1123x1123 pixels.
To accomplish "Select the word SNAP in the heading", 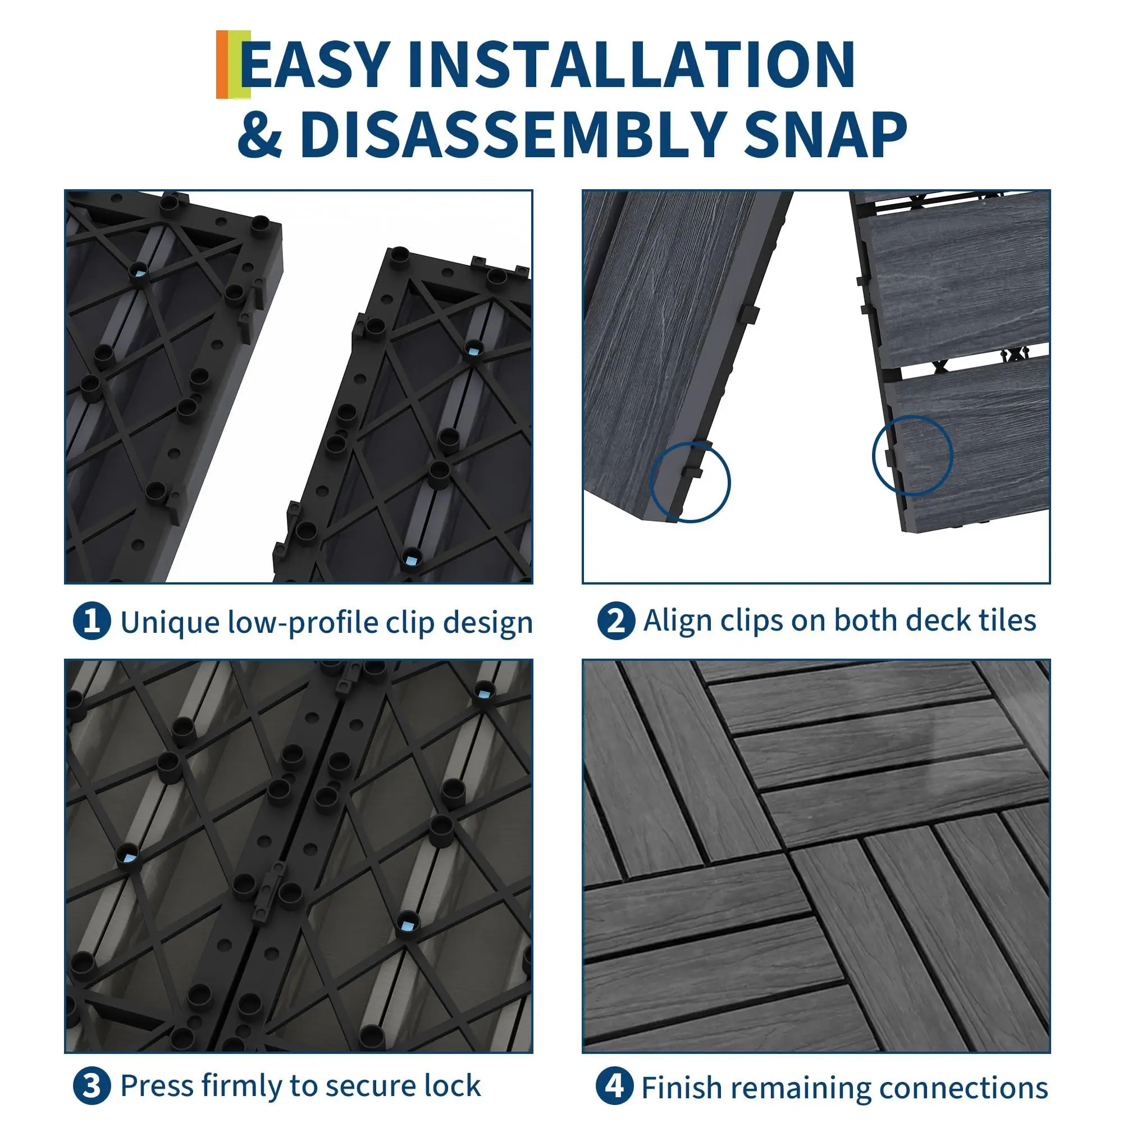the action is [x=825, y=135].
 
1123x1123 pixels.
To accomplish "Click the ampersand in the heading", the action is [x=260, y=135].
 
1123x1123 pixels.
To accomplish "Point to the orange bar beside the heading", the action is [x=222, y=64].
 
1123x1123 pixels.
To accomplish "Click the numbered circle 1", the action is [x=92, y=622].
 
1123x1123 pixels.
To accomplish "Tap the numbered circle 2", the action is [x=615, y=622].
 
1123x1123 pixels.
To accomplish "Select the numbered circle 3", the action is [x=92, y=1085].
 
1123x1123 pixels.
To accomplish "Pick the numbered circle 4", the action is [x=614, y=1085].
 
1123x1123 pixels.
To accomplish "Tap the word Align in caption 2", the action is [x=677, y=621].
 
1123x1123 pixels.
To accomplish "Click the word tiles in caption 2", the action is [x=1008, y=620].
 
